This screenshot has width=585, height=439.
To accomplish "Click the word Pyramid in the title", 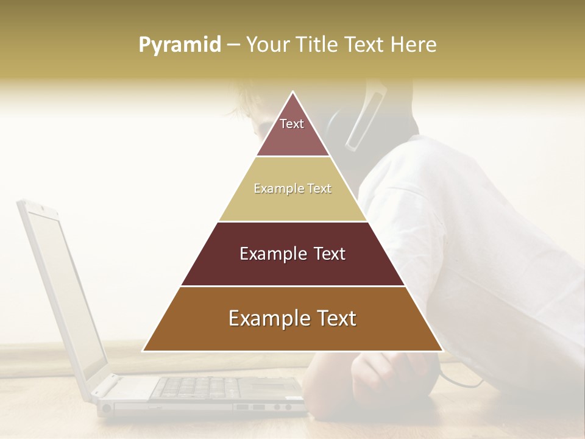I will coord(180,45).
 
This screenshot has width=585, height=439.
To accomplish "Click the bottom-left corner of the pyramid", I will coord(144,351).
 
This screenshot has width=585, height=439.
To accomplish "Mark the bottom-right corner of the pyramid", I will coord(442,351).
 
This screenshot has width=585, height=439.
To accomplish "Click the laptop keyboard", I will coord(201,387).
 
